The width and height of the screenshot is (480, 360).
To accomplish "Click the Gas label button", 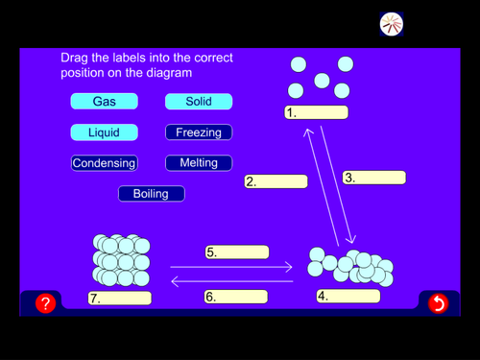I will (104, 102).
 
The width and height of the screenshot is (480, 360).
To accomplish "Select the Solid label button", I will (199, 102).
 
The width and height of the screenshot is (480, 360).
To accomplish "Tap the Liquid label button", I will (104, 132).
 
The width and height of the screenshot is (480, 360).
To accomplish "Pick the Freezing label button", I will (199, 132).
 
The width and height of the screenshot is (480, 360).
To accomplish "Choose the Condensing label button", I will (104, 163).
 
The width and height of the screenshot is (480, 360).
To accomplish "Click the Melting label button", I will (199, 163).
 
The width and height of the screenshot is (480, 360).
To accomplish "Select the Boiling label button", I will (151, 194).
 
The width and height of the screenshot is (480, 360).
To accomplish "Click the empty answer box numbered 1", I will (316, 112).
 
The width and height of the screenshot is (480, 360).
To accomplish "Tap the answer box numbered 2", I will (276, 181).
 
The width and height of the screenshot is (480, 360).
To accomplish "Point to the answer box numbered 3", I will (374, 178).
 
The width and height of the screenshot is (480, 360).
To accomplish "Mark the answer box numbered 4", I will (348, 297).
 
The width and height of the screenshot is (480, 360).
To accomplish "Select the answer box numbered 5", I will (236, 252).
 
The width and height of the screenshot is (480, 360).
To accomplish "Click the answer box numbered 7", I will (120, 299).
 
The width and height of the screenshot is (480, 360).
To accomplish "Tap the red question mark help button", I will (45, 303).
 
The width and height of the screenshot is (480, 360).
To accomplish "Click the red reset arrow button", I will (438, 303).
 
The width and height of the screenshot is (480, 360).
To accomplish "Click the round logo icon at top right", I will (391, 24).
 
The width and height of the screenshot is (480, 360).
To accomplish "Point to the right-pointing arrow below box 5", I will (231, 266).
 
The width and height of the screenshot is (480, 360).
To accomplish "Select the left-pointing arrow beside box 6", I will (231, 281).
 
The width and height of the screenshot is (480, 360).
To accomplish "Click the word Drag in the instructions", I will (78, 58).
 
